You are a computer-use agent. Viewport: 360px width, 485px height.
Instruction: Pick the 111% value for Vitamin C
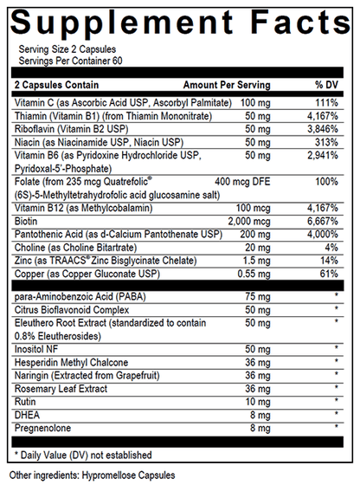[327, 103]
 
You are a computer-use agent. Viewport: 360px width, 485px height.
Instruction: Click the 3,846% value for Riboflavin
[324, 128]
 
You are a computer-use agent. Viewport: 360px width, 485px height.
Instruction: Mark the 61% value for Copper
[329, 271]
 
